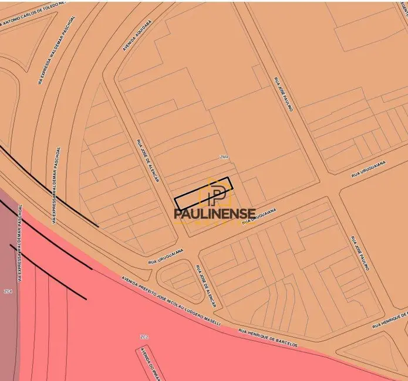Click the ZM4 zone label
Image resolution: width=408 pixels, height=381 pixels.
point(224,157)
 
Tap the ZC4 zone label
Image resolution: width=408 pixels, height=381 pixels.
point(8,291)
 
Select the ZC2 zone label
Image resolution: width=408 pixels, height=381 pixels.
point(144,336)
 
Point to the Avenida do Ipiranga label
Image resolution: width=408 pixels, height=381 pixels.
point(149,363)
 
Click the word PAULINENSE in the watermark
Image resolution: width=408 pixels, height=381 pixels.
point(215,214)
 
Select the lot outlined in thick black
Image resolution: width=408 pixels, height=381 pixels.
point(203,192)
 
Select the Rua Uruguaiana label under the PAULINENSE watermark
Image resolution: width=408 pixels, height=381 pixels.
point(258,216)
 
